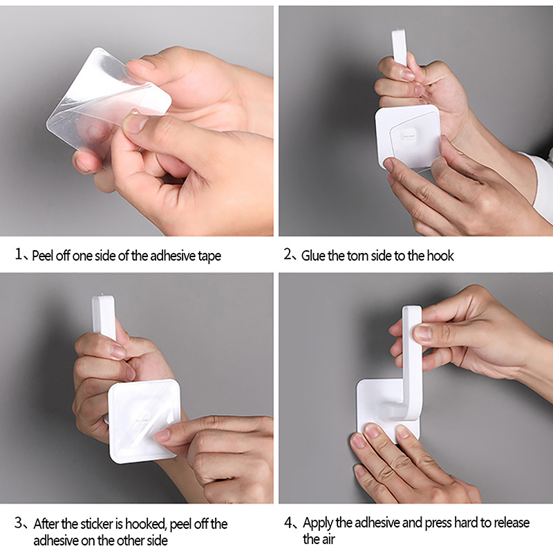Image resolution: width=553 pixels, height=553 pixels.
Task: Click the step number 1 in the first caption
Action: click(x=19, y=254)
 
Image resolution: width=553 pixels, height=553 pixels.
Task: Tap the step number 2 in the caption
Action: click(x=288, y=254)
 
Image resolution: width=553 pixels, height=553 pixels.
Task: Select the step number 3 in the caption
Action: click(x=19, y=523)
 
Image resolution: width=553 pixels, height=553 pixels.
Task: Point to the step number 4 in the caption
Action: click(x=288, y=523)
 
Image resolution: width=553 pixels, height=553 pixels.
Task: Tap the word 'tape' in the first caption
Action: click(x=209, y=256)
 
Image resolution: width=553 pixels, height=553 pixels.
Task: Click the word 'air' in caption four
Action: click(x=328, y=539)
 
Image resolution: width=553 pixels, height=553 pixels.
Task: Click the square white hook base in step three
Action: click(x=144, y=421)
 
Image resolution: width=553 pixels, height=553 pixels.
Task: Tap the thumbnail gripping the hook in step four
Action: click(x=422, y=332)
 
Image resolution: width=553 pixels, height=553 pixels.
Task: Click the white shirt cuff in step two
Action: click(x=541, y=183)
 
